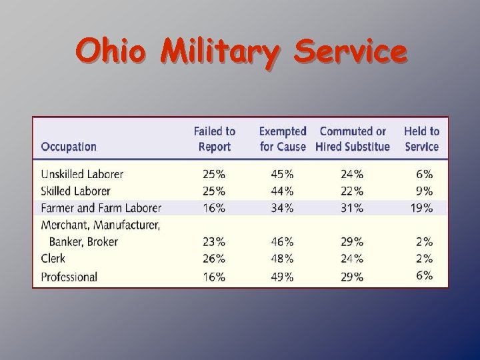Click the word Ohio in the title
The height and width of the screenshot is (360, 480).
tap(109, 51)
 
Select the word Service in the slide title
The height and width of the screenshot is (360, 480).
tap(350, 51)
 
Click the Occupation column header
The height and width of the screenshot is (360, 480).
tap(69, 147)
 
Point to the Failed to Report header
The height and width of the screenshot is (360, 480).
tap(215, 139)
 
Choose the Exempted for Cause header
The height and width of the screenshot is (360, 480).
tap(283, 139)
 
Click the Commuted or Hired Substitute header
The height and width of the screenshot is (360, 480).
tap(353, 139)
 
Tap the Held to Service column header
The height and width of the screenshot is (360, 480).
tap(422, 139)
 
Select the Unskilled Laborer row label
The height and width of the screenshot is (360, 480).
tap(82, 174)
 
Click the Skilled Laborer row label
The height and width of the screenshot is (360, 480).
tap(75, 191)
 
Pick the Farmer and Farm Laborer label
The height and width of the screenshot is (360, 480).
tap(101, 208)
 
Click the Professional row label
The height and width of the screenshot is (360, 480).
tap(69, 277)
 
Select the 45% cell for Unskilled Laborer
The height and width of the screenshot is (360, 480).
tap(282, 175)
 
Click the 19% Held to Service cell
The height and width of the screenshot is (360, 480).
tap(422, 208)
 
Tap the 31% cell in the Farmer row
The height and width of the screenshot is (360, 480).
tap(352, 208)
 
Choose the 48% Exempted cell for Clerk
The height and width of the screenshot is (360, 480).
tap(282, 259)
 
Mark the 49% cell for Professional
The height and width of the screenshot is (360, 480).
tap(282, 277)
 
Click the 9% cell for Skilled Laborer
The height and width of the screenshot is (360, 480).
tap(425, 191)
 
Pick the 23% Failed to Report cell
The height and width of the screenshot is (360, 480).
tap(214, 242)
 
